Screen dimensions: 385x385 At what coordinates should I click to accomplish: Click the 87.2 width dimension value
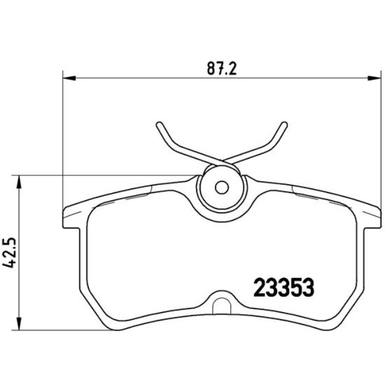[222, 69]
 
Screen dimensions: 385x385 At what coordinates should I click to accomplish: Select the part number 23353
[283, 288]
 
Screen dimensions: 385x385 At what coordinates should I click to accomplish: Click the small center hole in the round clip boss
[222, 187]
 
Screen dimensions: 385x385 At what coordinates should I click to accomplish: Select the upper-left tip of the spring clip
[159, 124]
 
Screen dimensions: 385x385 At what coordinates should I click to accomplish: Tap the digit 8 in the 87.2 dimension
[211, 69]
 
